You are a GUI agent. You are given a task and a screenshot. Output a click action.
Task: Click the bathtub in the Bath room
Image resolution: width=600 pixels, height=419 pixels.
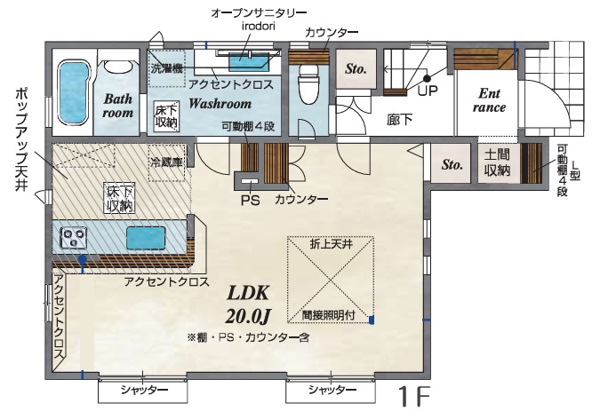[x=74, y=92]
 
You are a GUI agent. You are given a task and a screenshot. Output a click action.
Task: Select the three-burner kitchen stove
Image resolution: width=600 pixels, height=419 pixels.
[x=73, y=237]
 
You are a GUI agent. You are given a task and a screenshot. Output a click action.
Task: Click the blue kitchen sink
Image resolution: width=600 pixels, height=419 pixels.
[x=146, y=238]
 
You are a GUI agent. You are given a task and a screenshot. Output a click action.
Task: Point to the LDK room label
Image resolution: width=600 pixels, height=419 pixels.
[x=248, y=293]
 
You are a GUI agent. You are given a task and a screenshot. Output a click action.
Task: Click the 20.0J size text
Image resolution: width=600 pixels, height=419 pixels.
[x=248, y=316]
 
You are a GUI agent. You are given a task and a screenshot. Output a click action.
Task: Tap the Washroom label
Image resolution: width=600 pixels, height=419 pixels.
[x=220, y=104]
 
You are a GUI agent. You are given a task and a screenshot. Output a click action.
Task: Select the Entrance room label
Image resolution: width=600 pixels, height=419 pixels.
[x=489, y=100]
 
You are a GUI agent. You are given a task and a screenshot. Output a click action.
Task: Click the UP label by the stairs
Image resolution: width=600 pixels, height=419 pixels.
[x=428, y=91]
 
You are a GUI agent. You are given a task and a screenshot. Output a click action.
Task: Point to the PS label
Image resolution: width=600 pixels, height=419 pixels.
[x=251, y=200]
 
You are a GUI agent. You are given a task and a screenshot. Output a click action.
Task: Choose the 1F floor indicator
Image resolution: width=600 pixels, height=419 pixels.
[x=414, y=397]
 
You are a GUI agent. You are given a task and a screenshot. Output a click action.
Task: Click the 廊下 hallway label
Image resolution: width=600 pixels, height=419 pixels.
[x=399, y=120]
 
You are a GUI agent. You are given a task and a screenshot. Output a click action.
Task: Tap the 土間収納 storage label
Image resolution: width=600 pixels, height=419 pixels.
[x=497, y=162]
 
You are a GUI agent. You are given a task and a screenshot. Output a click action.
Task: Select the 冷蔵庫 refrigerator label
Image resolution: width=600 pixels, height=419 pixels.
[x=166, y=162]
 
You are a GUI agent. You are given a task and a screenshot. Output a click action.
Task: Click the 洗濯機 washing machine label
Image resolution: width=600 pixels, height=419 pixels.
[x=166, y=68]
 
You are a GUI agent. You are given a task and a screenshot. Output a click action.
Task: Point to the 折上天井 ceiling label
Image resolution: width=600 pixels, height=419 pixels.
[x=331, y=244]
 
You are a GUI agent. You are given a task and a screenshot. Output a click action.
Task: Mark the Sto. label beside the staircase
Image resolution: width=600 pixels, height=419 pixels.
[x=356, y=68]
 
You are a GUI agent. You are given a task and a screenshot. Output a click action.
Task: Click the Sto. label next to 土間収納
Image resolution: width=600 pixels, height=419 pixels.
[x=452, y=164]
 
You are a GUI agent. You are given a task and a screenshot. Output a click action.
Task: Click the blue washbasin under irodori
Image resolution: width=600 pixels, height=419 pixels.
[x=249, y=62]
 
